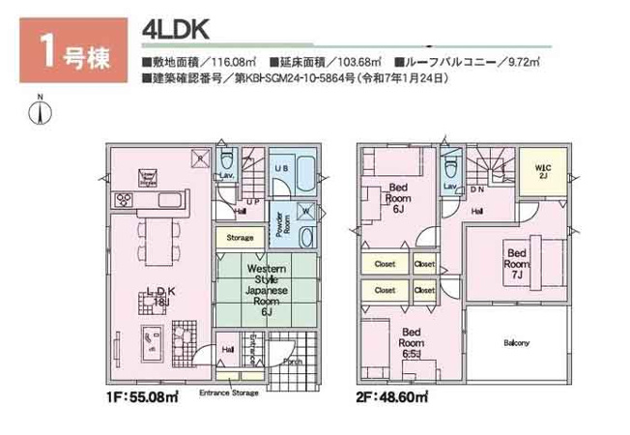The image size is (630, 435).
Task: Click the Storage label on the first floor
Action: coord(240,237)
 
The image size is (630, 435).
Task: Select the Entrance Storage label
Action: coord(228,393)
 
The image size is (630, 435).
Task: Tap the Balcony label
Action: coord(515,343)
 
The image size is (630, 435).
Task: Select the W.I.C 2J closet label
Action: coord(543,171)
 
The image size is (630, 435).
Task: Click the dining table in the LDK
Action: coord(158,237)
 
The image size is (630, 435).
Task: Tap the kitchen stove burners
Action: coord(127,200)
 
